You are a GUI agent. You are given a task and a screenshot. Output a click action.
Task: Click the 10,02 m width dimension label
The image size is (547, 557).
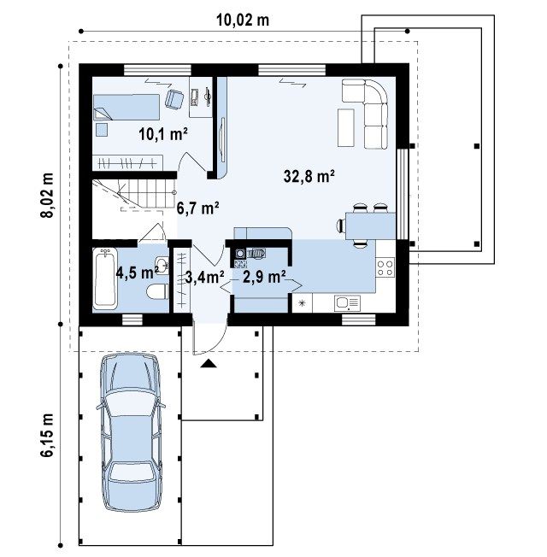(243, 21)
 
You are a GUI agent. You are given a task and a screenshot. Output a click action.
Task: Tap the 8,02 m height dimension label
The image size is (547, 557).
(46, 195)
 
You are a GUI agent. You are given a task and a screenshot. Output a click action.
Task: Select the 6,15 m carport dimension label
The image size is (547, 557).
(46, 435)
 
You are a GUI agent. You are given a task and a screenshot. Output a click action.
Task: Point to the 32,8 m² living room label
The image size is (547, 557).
(309, 176)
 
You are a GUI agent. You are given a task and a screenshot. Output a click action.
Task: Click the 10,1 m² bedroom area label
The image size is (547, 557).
(163, 134)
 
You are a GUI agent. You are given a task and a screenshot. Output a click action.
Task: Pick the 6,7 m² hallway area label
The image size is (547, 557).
(197, 208)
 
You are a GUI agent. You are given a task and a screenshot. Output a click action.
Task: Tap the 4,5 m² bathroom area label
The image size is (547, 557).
(138, 273)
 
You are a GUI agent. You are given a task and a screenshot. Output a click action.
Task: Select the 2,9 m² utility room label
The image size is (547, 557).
(264, 277)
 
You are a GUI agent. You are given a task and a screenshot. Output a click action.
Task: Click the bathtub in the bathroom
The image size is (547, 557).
(105, 278)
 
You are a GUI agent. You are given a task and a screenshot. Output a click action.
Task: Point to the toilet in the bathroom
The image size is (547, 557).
(157, 291)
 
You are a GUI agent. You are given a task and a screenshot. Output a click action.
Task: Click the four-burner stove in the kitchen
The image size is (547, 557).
(385, 268)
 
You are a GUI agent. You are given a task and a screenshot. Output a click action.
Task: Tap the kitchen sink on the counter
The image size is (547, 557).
(347, 303)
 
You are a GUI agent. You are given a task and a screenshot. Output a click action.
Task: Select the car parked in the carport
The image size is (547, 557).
(131, 431)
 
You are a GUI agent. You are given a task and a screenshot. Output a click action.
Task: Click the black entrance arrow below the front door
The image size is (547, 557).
(209, 363)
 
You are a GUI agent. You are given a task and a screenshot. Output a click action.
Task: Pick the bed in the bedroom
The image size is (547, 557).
(126, 107)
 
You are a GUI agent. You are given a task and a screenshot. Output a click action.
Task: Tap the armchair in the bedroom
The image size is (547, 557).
(174, 99)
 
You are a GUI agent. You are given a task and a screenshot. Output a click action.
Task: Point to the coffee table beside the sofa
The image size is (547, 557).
(346, 128)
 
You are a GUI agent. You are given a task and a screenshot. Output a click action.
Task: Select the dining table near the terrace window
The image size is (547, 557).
(370, 226)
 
